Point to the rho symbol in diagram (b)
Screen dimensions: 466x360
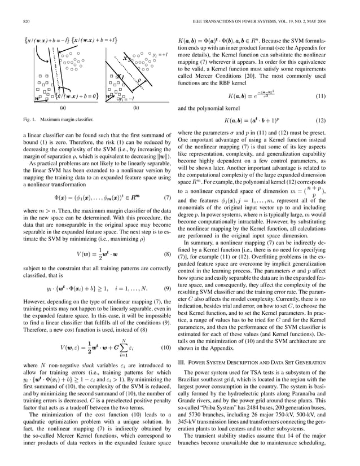[139, 80]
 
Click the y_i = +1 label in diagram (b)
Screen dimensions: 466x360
[160, 55]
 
